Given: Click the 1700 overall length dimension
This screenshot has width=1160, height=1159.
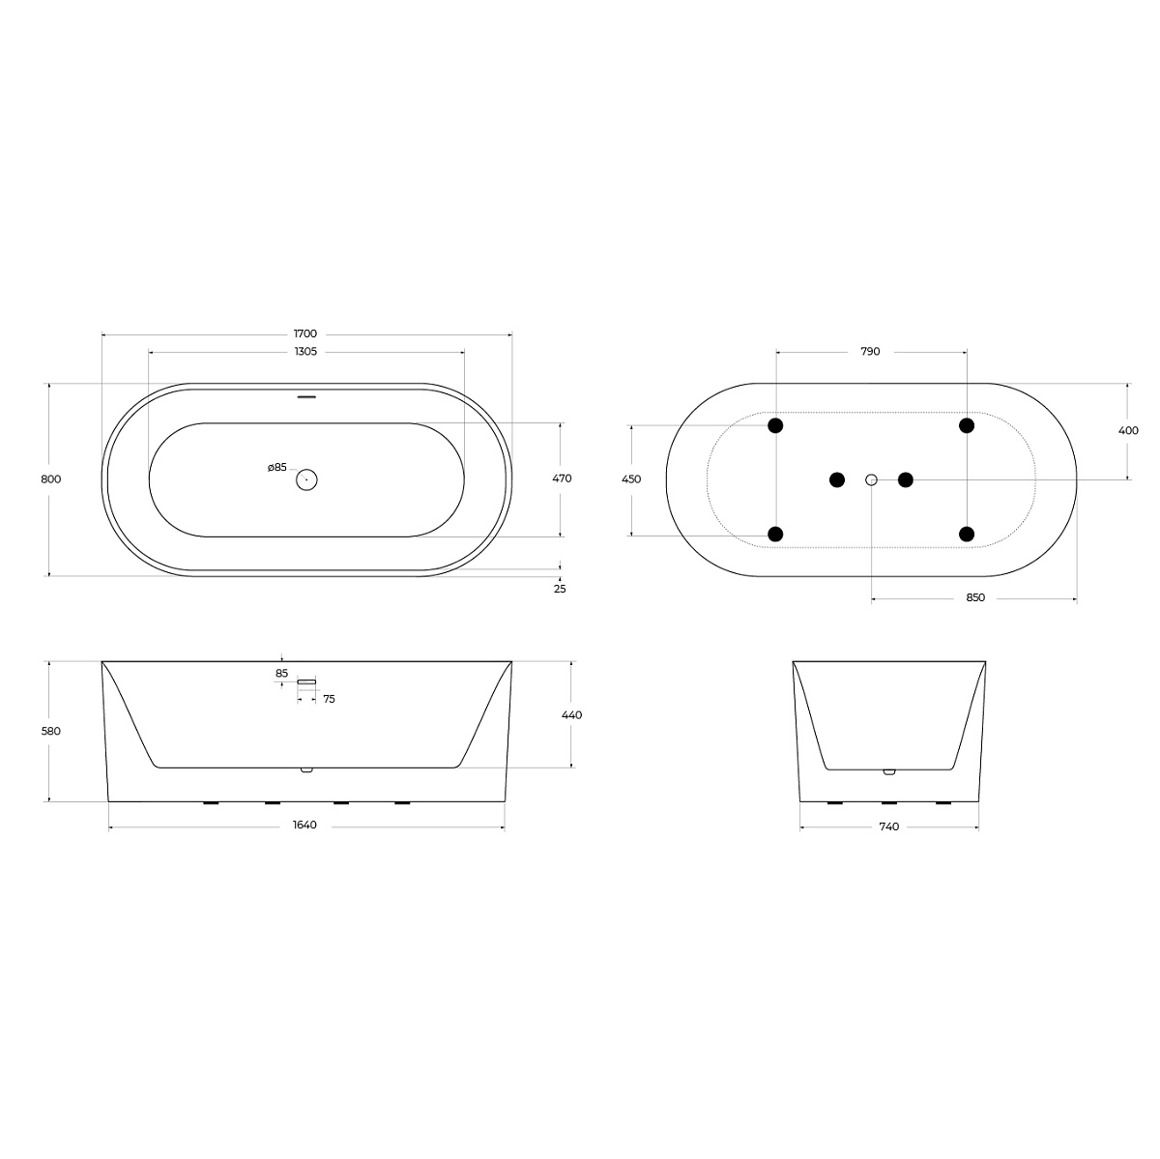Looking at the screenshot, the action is pos(305,333).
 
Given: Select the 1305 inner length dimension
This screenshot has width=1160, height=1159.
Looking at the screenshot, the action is pos(305,352).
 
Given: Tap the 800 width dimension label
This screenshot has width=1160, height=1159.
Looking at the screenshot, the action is pos(51,479).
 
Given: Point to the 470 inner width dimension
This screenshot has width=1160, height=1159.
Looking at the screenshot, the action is pos(562,478).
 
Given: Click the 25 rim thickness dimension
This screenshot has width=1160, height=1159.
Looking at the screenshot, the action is pos(560,589).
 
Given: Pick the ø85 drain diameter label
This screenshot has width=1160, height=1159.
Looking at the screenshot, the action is pos(276,467).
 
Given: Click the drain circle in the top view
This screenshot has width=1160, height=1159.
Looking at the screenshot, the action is pos(306,479).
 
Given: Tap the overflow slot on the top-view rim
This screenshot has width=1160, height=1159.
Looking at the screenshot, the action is pos(306,396).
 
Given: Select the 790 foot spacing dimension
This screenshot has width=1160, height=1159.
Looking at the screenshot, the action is pos(870,352).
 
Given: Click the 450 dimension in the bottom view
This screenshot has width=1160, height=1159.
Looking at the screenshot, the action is pos(631,479).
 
